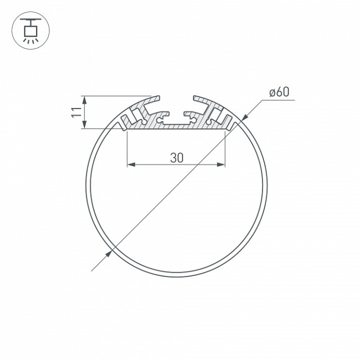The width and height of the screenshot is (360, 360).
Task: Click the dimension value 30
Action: [x=176, y=157]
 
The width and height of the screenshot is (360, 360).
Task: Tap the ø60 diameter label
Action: [x=279, y=93]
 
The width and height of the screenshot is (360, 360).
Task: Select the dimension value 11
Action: [x=76, y=112]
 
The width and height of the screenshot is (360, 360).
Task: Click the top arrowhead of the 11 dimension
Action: [x=85, y=99]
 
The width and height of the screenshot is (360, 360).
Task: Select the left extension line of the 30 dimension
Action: [x=128, y=149]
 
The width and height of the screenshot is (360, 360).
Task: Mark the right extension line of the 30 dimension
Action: [x=225, y=149]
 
